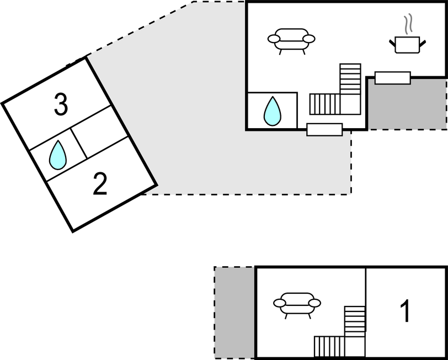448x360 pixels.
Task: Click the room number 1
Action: coord(406,311)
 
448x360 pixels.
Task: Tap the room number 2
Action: coord(100,185)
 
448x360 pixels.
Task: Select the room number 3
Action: coord(61,104)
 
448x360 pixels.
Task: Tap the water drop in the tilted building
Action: coord(58,155)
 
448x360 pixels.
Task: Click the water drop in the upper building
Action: coord(273,111)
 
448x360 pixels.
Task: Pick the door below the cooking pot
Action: coord(393,78)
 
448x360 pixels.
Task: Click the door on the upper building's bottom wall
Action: coord(324,130)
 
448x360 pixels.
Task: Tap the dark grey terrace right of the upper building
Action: coord(407,105)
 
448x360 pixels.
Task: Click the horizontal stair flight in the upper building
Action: coord(326,103)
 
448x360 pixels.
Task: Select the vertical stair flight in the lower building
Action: coord(355,320)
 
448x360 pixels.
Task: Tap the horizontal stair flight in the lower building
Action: coord(329,346)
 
